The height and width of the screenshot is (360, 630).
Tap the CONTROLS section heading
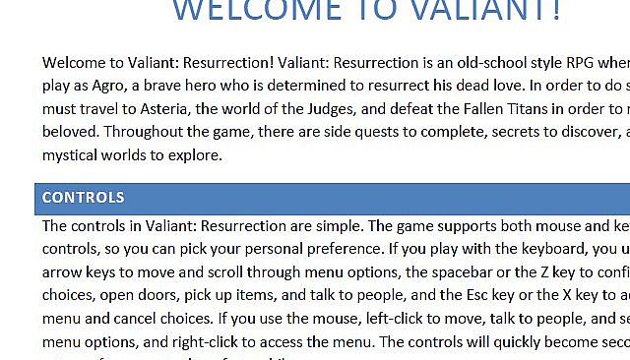tap(83, 198)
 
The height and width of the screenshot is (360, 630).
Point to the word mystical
tap(70, 154)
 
